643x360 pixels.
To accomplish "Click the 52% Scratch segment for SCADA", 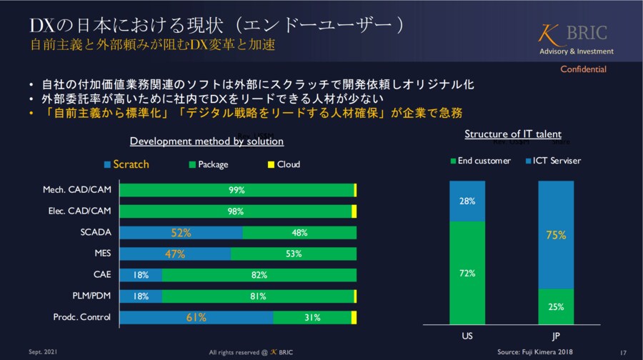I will [181, 232].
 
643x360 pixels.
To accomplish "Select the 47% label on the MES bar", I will [175, 254].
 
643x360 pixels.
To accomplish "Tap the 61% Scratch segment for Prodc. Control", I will [196, 318].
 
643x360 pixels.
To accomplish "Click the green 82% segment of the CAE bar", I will [259, 275].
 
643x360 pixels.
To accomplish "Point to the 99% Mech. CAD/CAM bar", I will [236, 190].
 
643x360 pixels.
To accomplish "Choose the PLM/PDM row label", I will [91, 296].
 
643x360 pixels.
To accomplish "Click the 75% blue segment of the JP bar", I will [556, 235].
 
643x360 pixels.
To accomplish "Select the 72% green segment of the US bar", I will [467, 273].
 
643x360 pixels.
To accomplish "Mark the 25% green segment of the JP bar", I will [556, 306].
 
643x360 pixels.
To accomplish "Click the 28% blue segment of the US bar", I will [467, 201].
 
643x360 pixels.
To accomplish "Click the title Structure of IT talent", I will [512, 134].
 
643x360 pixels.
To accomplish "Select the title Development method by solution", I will [206, 141].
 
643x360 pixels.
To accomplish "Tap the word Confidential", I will [583, 69].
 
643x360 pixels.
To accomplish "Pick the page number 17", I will [623, 352].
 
